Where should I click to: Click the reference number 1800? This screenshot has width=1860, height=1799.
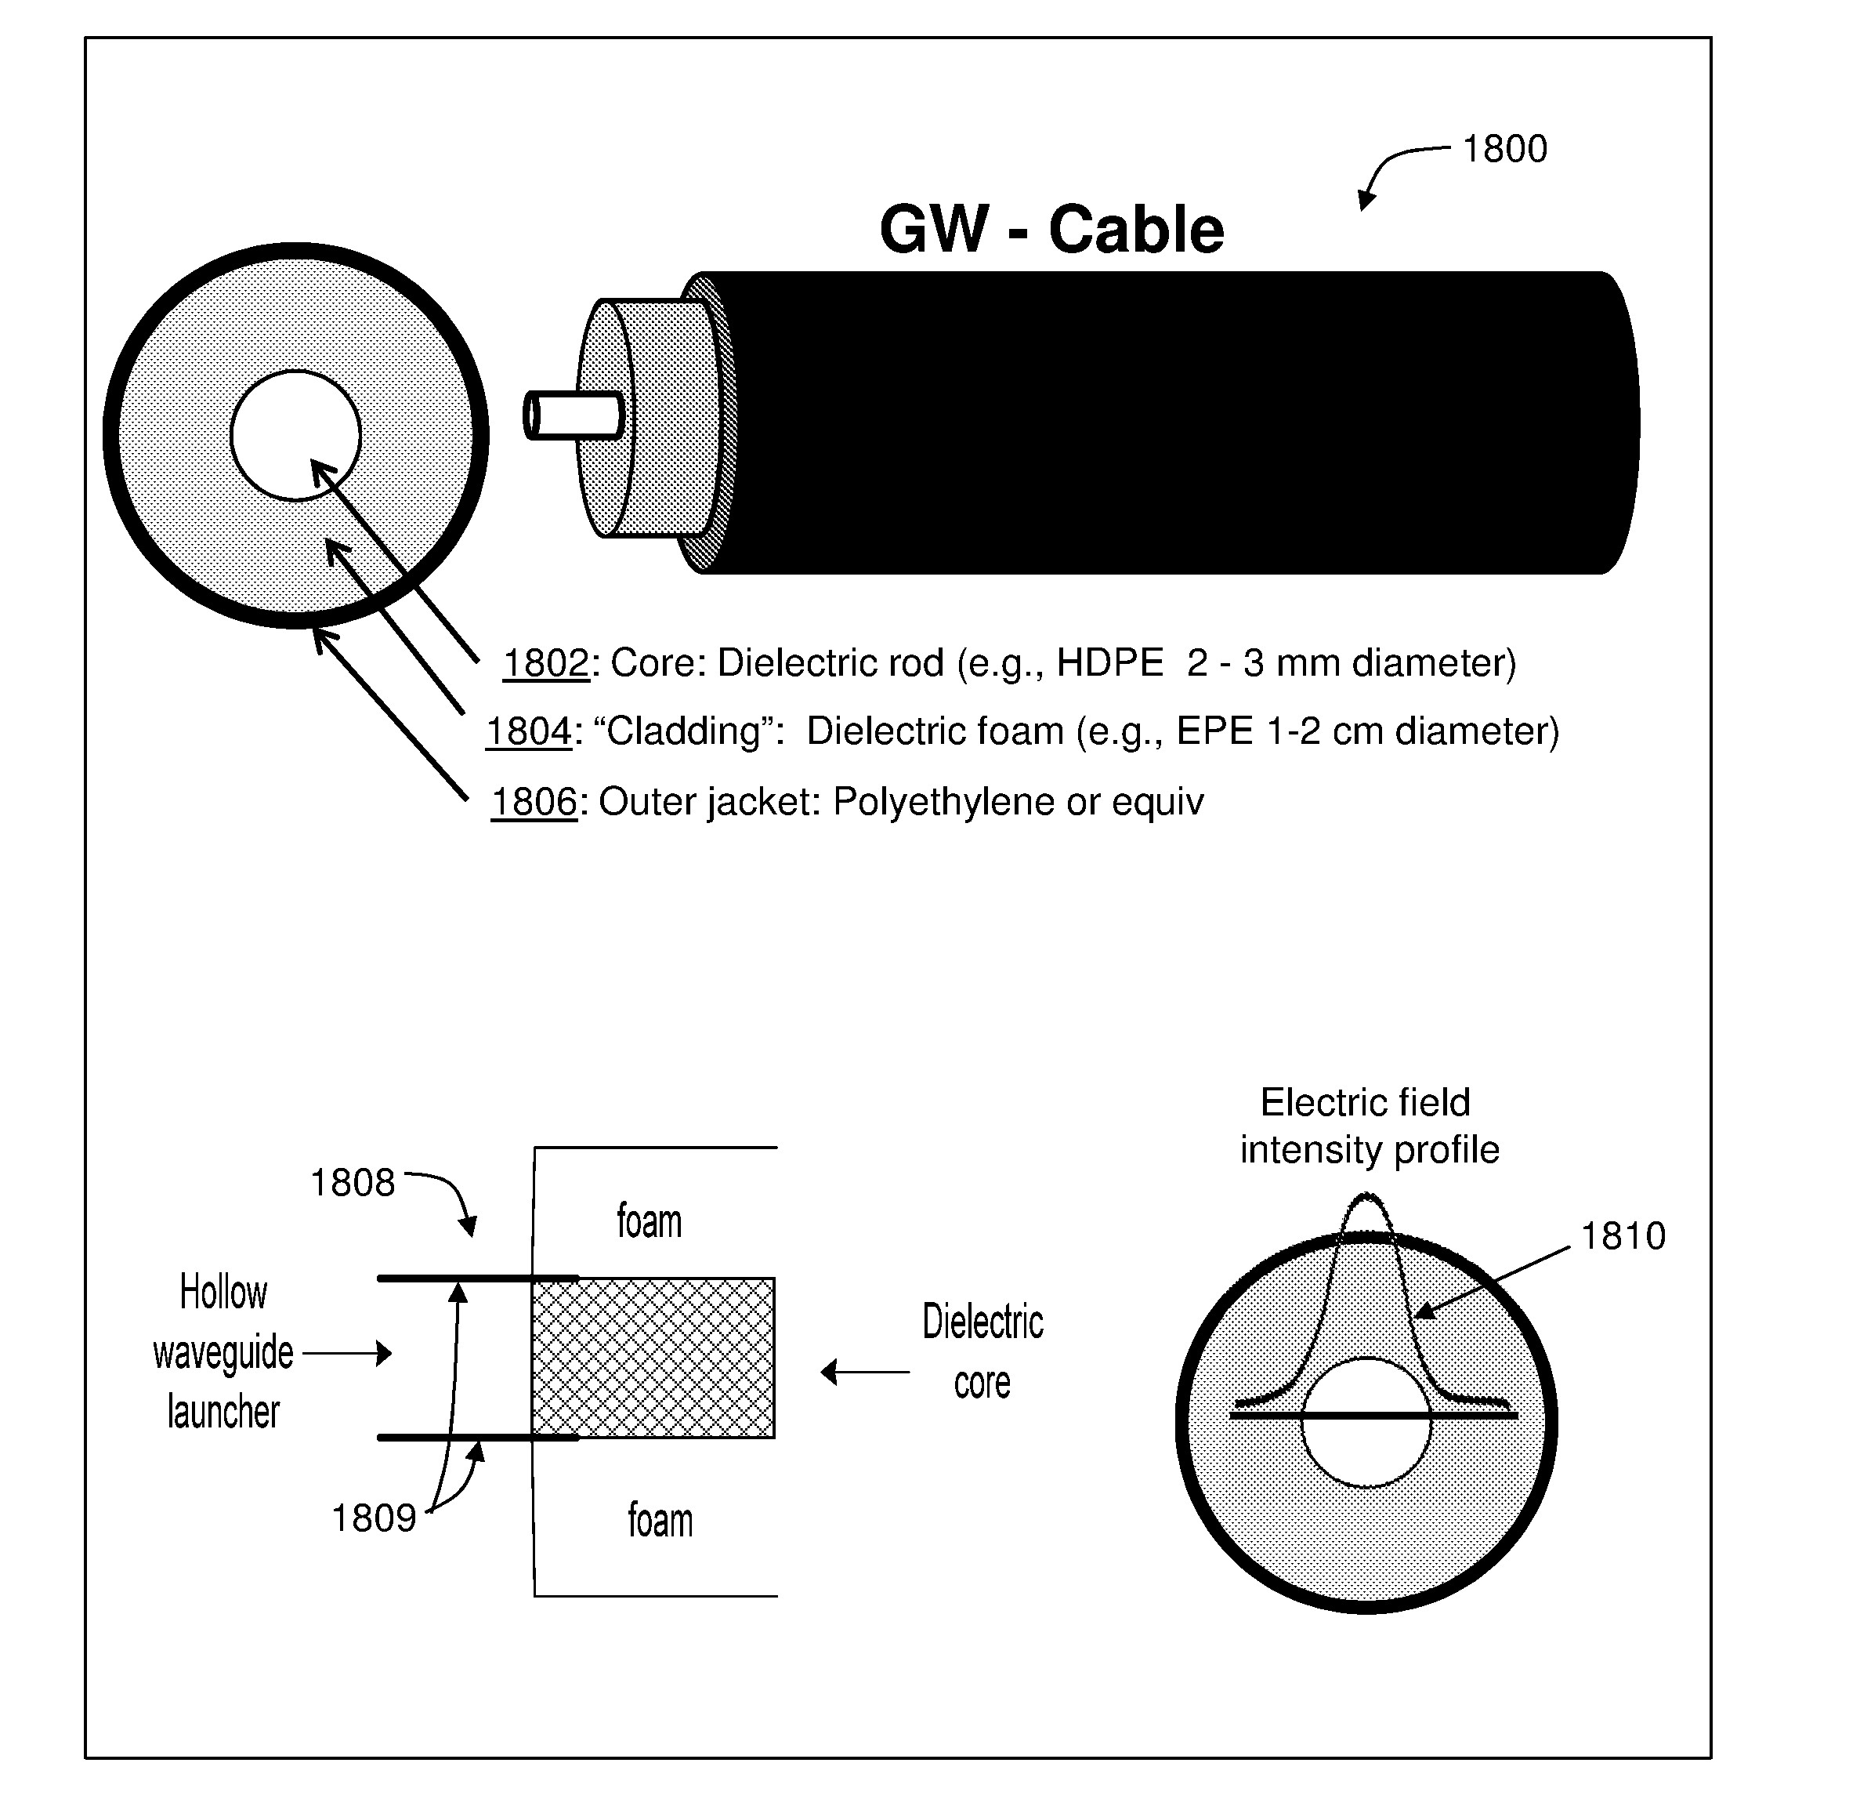click(1505, 149)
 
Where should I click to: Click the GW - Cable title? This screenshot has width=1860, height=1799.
click(1051, 230)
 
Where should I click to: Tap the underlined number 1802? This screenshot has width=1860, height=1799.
click(545, 662)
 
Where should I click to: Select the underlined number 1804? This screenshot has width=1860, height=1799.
click(530, 732)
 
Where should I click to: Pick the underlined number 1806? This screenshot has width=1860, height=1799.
click(534, 802)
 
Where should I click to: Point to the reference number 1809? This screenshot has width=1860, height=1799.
click(374, 1519)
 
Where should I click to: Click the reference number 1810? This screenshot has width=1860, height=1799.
click(1623, 1236)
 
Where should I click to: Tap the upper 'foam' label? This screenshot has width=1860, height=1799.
click(649, 1220)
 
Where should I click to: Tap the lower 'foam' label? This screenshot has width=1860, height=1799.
click(660, 1520)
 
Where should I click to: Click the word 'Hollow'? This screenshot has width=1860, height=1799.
click(224, 1292)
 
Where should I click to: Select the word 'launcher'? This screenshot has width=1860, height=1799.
click(224, 1413)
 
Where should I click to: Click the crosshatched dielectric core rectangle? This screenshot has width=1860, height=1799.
click(653, 1358)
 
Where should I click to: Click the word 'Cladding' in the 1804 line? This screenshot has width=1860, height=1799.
click(683, 732)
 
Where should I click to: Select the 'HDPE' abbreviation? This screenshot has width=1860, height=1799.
click(1110, 662)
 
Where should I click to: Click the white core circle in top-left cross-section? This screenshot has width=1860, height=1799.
click(295, 436)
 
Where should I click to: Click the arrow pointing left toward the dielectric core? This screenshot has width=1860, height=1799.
click(864, 1373)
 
